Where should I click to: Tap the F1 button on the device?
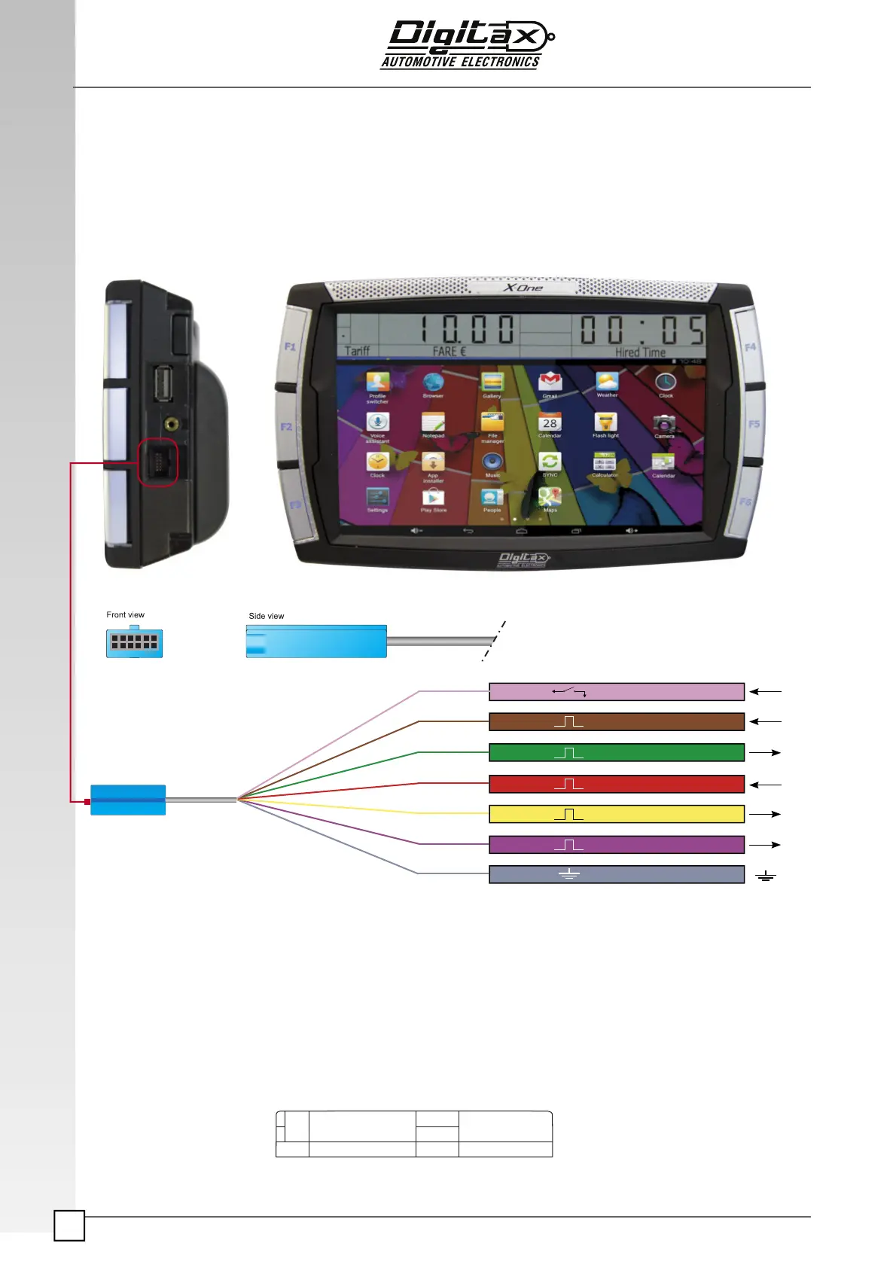pos(291,347)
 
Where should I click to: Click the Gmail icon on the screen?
pos(550,383)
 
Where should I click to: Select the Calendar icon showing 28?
pos(550,425)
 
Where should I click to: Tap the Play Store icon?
pos(433,498)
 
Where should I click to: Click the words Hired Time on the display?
pos(640,352)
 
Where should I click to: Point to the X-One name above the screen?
pos(523,288)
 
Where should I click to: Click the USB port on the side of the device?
pos(163,383)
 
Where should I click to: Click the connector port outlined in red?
pos(158,462)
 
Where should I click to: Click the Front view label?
pos(125,614)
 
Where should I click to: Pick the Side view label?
pos(266,616)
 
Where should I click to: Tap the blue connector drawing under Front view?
pos(134,643)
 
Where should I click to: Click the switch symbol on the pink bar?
pos(569,691)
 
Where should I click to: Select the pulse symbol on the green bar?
pos(569,753)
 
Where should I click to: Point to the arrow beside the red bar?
pos(765,785)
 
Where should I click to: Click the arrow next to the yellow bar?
pos(765,814)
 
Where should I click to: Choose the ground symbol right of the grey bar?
pos(765,876)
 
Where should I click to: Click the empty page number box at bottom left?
pos(69,1226)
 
